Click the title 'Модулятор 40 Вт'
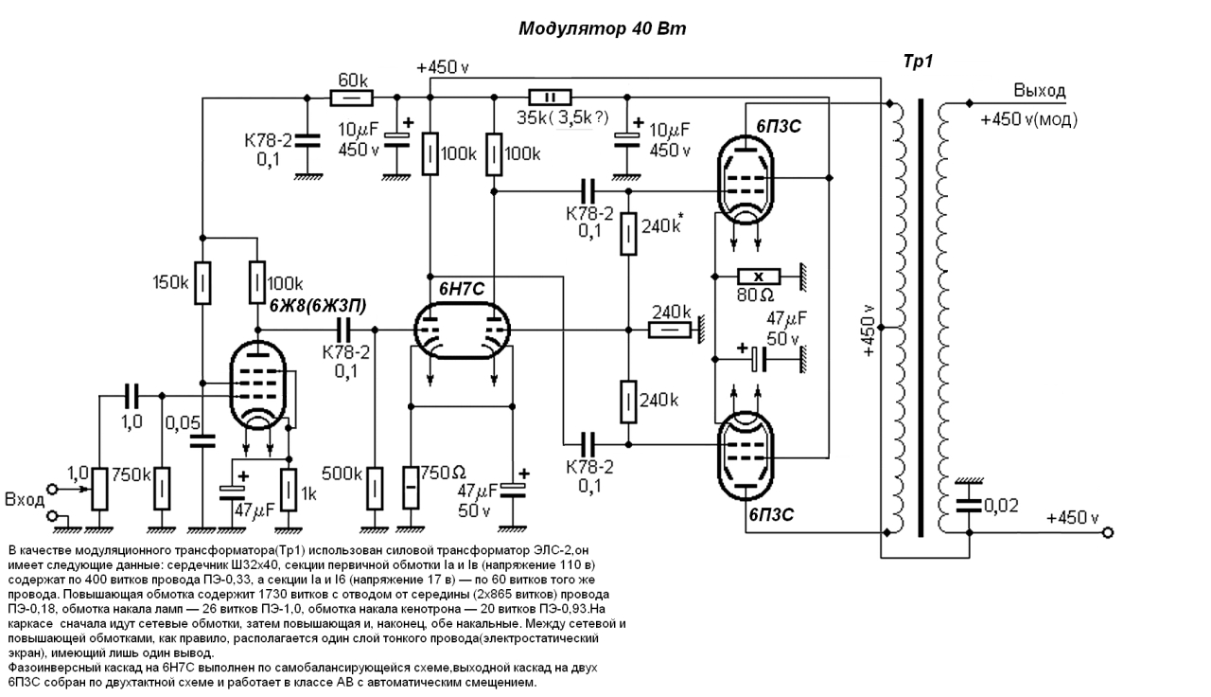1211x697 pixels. click(x=603, y=28)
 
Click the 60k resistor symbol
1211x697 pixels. click(x=351, y=98)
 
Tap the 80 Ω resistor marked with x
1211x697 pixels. click(x=759, y=277)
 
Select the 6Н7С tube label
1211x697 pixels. click(x=461, y=290)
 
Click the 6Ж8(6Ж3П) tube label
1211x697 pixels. click(x=318, y=306)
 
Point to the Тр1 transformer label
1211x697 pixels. click(x=918, y=62)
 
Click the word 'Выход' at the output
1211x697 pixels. click(x=1039, y=90)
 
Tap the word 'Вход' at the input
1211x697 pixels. click(x=25, y=499)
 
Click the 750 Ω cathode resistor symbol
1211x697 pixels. click(x=411, y=488)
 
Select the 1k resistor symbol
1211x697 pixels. click(x=289, y=490)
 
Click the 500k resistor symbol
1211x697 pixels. click(x=375, y=488)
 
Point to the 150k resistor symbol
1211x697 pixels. click(x=202, y=283)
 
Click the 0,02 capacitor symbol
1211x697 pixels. click(x=968, y=506)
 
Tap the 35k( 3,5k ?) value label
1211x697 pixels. click(x=562, y=117)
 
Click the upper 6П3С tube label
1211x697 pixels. click(x=779, y=126)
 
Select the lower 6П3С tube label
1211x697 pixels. click(x=771, y=514)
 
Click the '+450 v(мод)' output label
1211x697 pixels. click(x=1028, y=119)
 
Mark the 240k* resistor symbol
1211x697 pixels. click(x=628, y=234)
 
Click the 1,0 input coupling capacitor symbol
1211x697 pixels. click(x=132, y=396)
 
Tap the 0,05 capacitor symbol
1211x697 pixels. click(x=202, y=441)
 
